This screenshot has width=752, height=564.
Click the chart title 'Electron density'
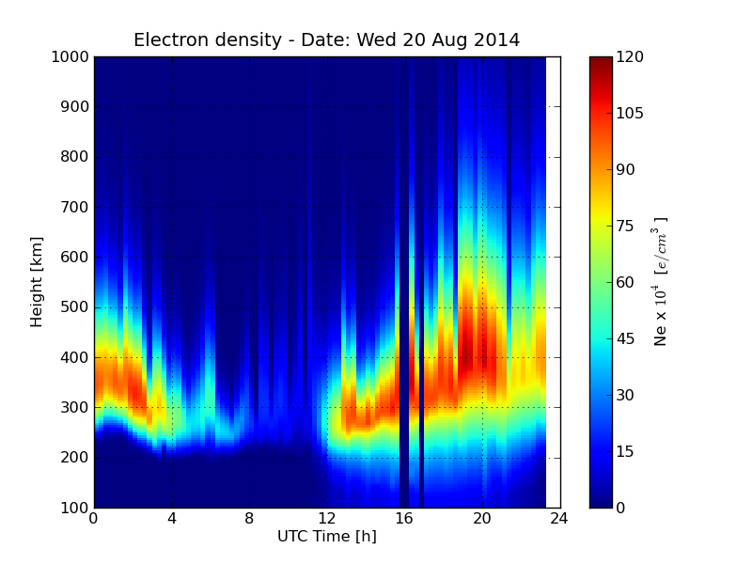(208, 40)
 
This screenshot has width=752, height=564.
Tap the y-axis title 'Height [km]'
(37, 281)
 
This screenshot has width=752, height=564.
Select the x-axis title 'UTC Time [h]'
(326, 537)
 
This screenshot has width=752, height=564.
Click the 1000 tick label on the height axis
(70, 56)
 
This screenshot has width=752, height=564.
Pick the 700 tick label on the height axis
(74, 207)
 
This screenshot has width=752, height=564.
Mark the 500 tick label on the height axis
(74, 307)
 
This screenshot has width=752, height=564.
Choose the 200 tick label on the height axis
(74, 458)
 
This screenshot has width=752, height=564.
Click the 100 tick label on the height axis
(74, 508)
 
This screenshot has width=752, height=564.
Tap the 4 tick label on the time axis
(172, 520)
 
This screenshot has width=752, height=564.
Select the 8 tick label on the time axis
(249, 520)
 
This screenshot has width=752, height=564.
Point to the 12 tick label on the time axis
(327, 520)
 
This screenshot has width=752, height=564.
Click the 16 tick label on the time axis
(405, 520)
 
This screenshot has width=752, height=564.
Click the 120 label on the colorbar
(630, 56)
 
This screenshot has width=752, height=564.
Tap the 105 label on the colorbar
(630, 113)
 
